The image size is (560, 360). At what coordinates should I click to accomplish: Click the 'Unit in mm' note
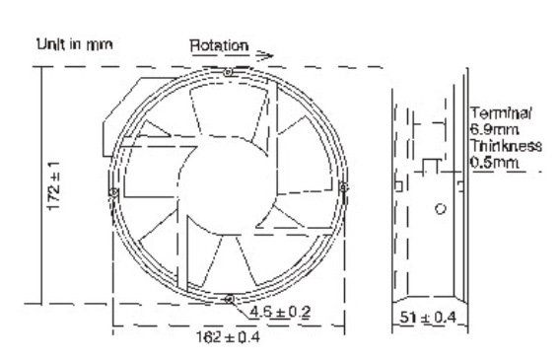pos(75,44)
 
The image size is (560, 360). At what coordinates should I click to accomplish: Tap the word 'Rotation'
pos(219,45)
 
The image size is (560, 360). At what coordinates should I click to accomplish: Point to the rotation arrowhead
pos(265,55)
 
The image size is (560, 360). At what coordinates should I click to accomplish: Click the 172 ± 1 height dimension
pos(54,185)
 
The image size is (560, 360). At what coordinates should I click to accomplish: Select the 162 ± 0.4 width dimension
pos(228,336)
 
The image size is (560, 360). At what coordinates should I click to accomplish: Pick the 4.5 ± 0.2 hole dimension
pos(280,312)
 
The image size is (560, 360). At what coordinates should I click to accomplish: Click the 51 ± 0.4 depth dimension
pos(428,317)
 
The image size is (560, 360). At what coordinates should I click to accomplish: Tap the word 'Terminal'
pos(501,113)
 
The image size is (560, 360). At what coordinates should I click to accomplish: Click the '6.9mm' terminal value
pos(494,129)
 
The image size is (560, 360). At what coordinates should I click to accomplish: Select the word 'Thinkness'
pos(506,146)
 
